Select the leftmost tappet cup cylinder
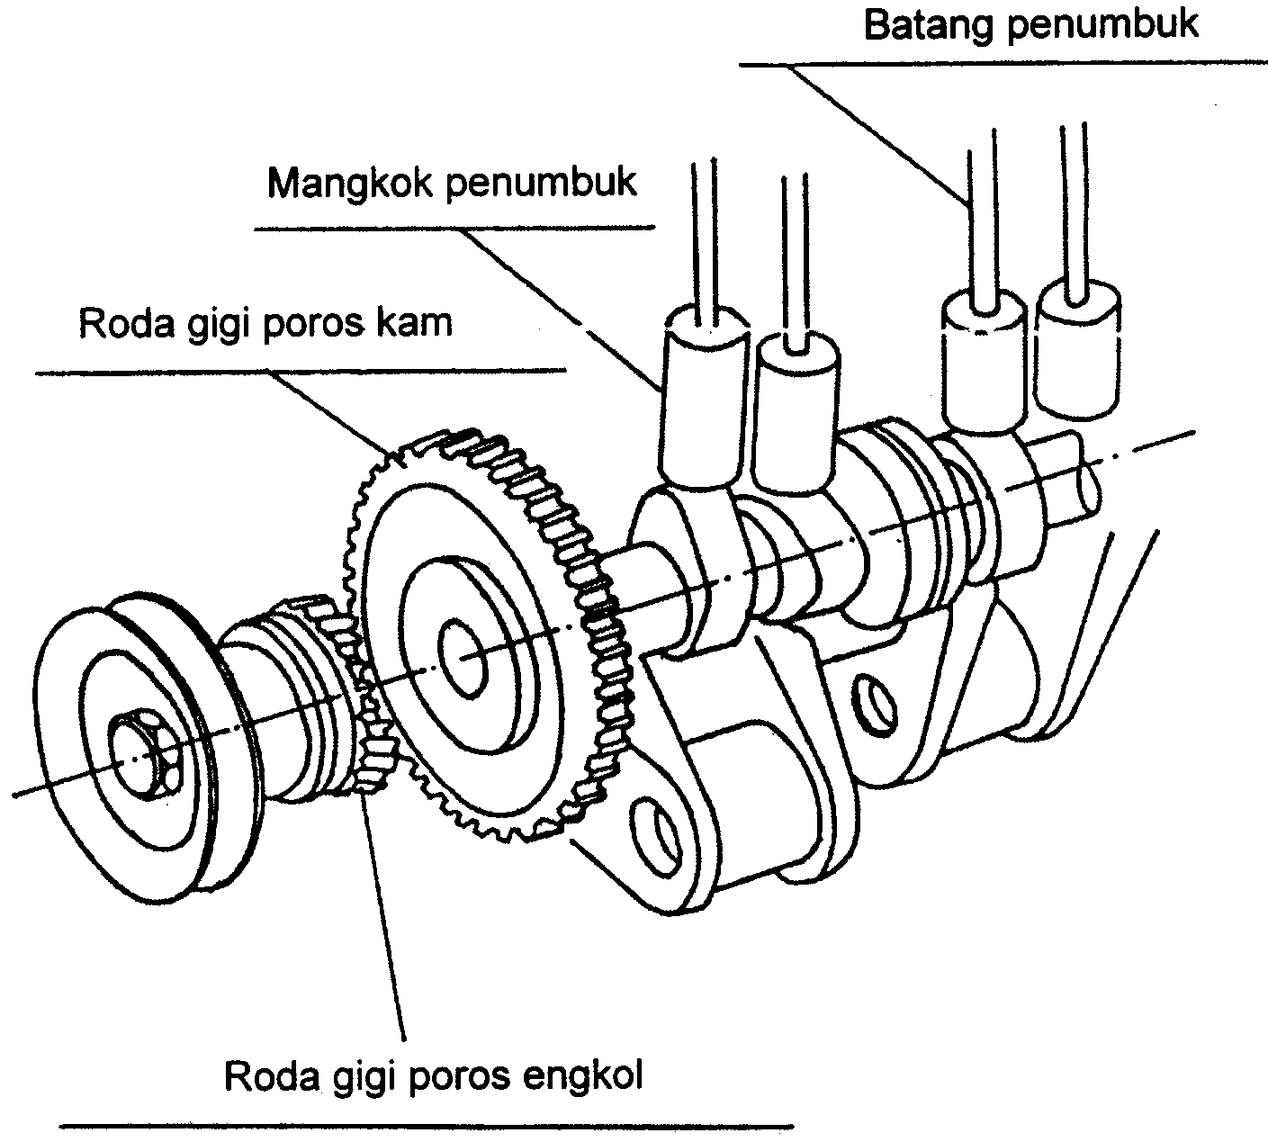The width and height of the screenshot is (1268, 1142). (x=704, y=396)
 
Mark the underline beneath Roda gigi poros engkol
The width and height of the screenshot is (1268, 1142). (x=427, y=1125)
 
